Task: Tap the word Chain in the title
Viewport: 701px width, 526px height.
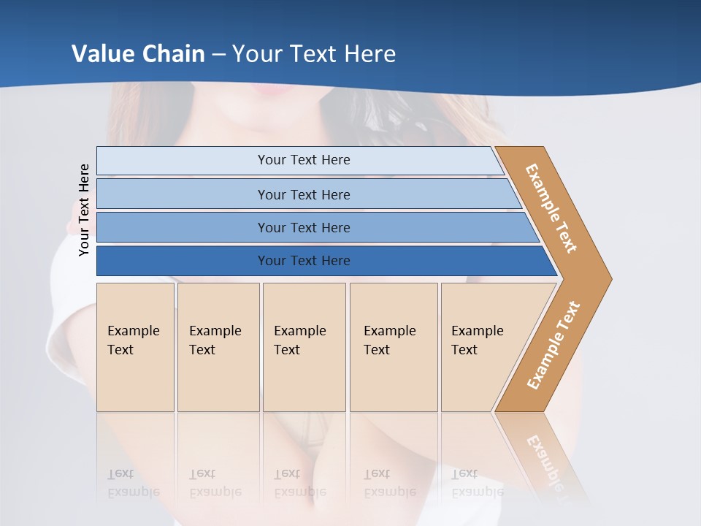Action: (175, 54)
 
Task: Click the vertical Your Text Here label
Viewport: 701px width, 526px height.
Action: (84, 210)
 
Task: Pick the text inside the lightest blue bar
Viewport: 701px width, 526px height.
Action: (304, 160)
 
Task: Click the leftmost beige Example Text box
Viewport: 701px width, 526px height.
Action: (135, 347)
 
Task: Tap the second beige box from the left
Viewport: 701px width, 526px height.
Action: (218, 347)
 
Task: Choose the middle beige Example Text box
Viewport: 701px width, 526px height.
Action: (304, 347)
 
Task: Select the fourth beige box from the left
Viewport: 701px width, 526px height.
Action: (394, 347)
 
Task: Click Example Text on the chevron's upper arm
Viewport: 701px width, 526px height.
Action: (551, 208)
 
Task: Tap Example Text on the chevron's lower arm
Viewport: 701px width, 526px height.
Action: (553, 346)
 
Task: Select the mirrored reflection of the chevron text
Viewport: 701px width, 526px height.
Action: (544, 460)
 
